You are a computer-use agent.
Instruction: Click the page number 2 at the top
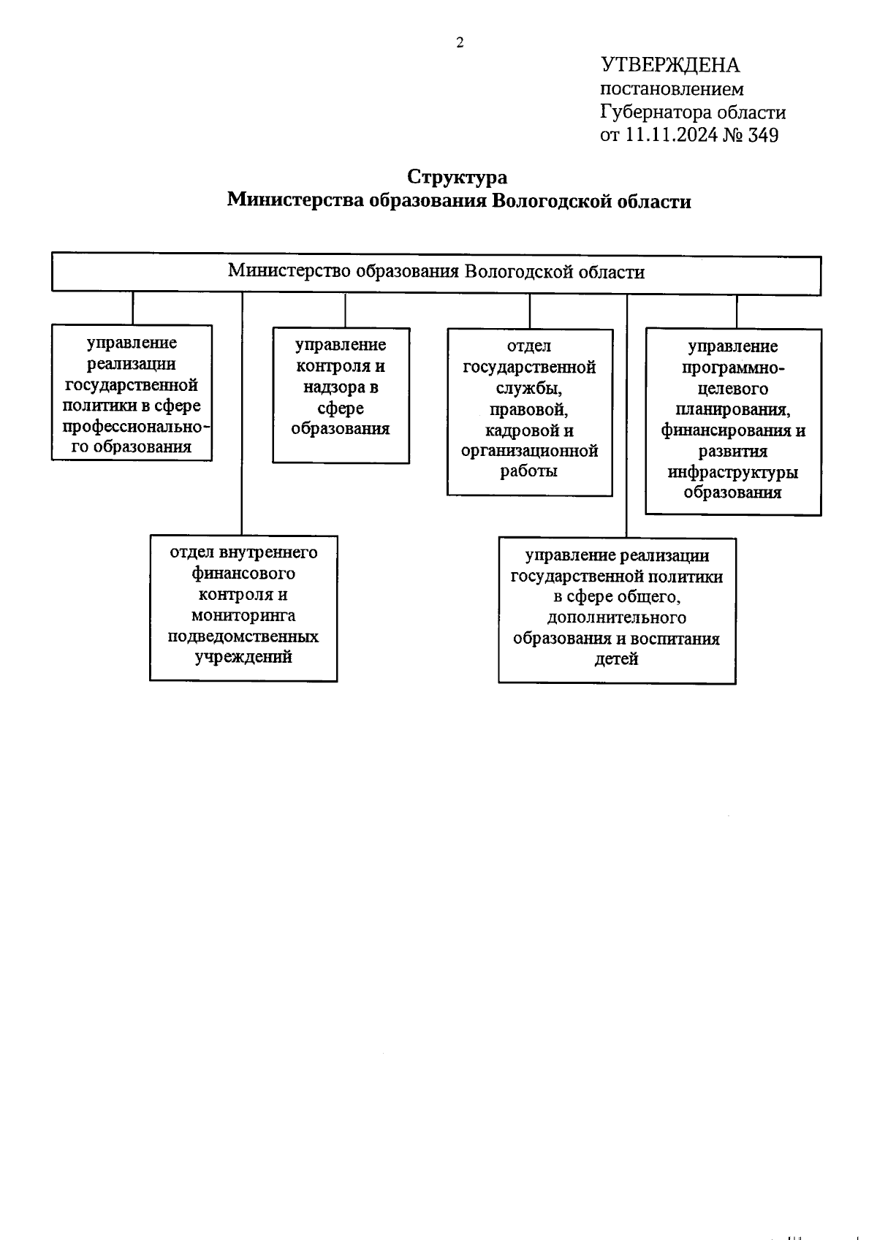[460, 43]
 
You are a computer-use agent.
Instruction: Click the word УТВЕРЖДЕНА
[670, 66]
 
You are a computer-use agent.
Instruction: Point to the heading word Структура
[458, 178]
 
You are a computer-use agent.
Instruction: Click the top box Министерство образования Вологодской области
[436, 273]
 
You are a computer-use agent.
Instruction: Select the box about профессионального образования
[132, 393]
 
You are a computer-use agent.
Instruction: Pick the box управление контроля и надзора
[341, 395]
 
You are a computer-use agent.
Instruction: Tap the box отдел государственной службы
[529, 412]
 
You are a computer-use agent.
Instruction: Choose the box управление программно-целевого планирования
[733, 422]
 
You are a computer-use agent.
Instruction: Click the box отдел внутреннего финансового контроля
[243, 608]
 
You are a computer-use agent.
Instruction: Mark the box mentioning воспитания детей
[617, 610]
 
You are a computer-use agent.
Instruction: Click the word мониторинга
[243, 615]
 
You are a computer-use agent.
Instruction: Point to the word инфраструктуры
[733, 472]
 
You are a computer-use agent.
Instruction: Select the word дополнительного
[617, 618]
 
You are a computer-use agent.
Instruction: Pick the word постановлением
[672, 89]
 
